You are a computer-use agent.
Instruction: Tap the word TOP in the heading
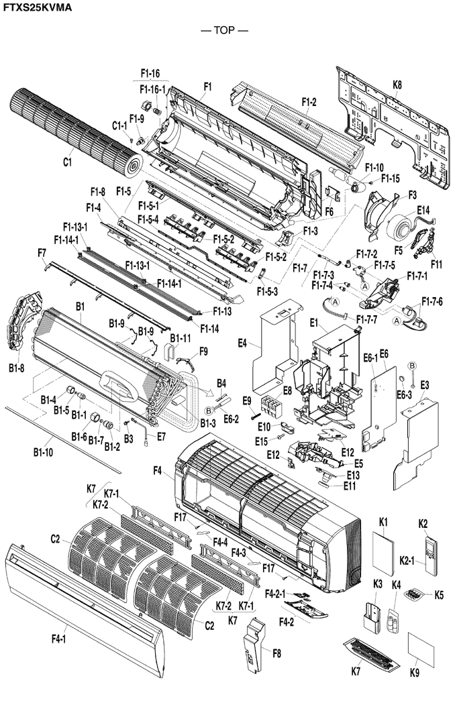point(224,31)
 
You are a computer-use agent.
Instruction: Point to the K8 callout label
point(397,85)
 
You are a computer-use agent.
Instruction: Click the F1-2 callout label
point(309,103)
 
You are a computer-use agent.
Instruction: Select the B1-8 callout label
point(17,368)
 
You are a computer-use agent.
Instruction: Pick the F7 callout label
point(42,253)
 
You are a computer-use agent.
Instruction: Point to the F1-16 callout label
point(150,72)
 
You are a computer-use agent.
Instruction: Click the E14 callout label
point(423,210)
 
